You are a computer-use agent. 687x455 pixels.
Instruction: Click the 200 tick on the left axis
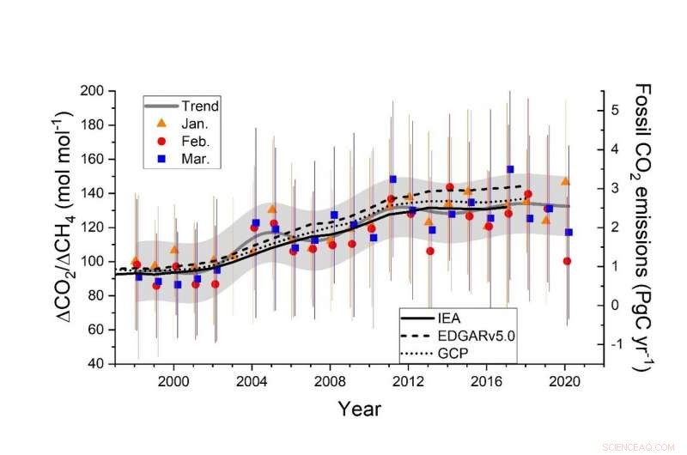pyautogui.click(x=105, y=91)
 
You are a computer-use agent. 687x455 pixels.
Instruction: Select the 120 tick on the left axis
pyautogui.click(x=105, y=227)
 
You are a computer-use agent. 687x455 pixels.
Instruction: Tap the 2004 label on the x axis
pyautogui.click(x=252, y=380)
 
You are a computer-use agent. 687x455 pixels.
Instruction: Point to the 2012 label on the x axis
pyautogui.click(x=408, y=380)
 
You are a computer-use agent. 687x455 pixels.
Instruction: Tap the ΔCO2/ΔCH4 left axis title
pyautogui.click(x=73, y=227)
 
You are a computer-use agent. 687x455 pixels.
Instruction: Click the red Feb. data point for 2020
pyautogui.click(x=567, y=261)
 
